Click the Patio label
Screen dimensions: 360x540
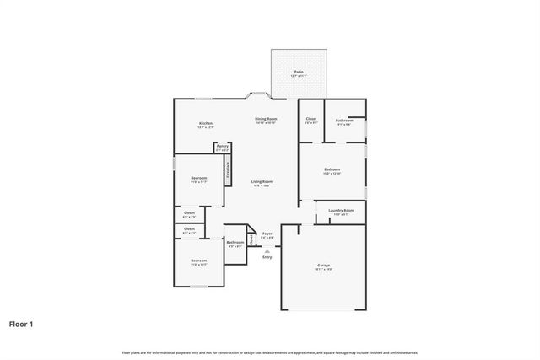(x=299, y=72)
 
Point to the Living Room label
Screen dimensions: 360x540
(x=262, y=181)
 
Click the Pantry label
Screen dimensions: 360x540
(x=222, y=146)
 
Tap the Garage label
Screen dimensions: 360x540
(x=324, y=266)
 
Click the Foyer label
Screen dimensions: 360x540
(x=267, y=234)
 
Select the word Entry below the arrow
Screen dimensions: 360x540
(x=267, y=257)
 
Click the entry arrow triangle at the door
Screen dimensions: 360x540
(x=267, y=250)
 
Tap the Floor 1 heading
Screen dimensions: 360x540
(x=21, y=323)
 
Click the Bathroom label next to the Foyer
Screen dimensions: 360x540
(x=235, y=243)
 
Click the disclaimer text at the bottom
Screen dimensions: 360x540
(x=270, y=352)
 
